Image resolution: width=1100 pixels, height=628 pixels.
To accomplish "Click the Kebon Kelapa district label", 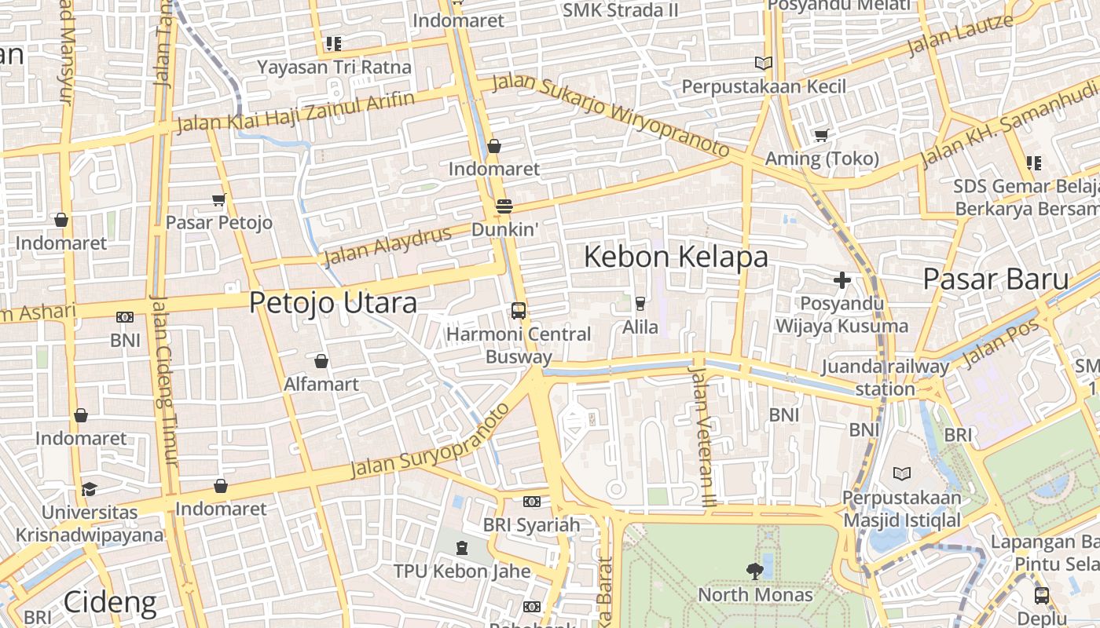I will (676, 257).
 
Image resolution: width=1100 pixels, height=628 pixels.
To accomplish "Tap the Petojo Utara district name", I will (332, 303).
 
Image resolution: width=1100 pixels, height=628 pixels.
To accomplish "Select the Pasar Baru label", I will (995, 279).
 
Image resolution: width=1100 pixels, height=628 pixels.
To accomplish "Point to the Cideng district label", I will (109, 603).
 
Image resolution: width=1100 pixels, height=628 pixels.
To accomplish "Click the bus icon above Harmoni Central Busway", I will (519, 310).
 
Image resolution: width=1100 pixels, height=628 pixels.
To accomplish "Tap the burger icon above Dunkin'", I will (504, 206).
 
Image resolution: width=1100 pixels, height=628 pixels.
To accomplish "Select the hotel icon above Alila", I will (640, 304).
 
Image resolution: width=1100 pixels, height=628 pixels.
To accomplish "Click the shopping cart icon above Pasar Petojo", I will (219, 200).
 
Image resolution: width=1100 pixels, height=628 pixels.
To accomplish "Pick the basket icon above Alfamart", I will (321, 361).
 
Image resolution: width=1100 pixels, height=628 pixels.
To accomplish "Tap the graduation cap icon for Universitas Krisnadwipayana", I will (89, 489).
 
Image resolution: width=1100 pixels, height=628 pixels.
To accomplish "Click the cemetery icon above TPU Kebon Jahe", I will (461, 547).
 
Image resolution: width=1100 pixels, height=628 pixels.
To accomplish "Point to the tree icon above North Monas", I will (755, 571).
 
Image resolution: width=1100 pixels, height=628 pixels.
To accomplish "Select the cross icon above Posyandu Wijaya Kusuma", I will (842, 280).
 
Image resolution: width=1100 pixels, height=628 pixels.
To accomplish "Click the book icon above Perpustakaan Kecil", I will (763, 63).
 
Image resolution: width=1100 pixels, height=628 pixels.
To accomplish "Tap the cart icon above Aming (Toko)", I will (822, 136).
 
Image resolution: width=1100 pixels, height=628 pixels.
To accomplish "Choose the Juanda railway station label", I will (885, 378).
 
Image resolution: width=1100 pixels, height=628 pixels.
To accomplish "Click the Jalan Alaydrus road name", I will (388, 246).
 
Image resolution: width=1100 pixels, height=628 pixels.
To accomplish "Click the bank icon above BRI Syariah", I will (532, 502).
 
